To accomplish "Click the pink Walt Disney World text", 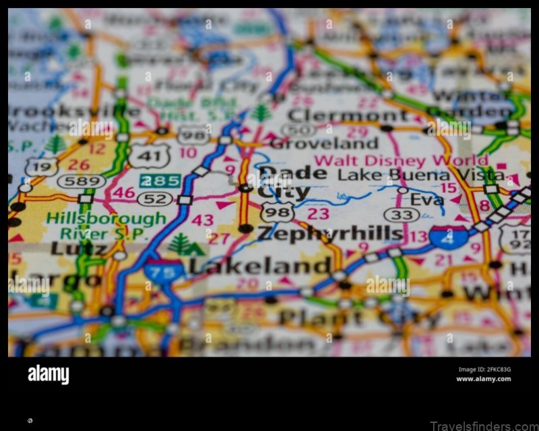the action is point(402,161).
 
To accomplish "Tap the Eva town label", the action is point(427,200).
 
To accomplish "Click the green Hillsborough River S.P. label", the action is point(106,226).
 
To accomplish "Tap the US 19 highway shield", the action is point(42,165).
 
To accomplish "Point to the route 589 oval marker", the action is point(81,181).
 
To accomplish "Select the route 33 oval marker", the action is point(402,215).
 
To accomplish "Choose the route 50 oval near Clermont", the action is point(298,131).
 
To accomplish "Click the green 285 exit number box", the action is point(160,180).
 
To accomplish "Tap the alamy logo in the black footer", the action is point(48,374).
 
